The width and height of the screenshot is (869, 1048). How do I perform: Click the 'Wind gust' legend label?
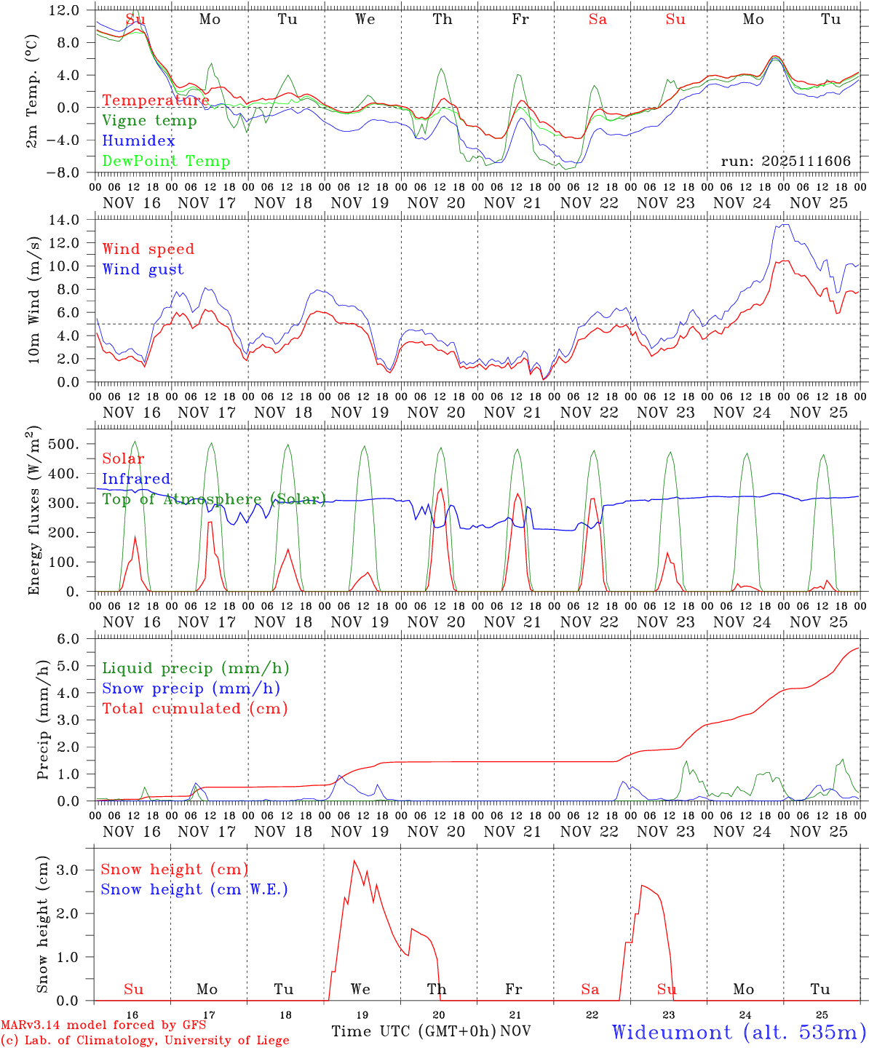pos(143,269)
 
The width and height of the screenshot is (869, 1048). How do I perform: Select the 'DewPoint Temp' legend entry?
pos(166,161)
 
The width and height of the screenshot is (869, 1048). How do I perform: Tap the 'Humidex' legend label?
pos(138,140)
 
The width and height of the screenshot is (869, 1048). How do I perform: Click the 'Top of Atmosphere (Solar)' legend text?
pos(213,499)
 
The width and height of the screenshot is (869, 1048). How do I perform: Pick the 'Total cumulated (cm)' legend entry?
pos(194,708)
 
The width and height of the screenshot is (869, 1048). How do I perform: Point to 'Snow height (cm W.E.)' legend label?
pos(194,889)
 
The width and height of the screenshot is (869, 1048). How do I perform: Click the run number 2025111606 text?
pos(785,161)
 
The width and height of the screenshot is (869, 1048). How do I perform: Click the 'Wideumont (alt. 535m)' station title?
pos(738,1032)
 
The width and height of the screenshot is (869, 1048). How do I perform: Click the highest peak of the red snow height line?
pos(354,861)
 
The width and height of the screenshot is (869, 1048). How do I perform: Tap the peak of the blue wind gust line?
pos(784,225)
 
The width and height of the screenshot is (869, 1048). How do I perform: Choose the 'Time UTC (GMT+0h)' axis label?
pos(413,1031)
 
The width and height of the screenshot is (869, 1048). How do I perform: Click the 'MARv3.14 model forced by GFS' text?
pos(103,1025)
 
